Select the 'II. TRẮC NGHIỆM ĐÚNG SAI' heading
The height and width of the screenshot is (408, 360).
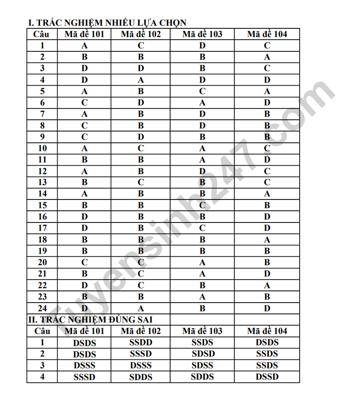coord(90,320)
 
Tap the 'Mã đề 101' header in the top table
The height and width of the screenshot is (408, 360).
coord(85,34)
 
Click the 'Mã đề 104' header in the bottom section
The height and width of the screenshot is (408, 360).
coord(267,331)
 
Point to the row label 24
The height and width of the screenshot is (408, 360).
coord(42,308)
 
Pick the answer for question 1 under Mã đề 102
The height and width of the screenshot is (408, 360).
coord(141,45)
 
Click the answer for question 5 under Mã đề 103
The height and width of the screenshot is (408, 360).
coord(202,91)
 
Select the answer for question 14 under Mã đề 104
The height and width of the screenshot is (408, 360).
coord(267,194)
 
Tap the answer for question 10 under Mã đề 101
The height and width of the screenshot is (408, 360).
coord(85,148)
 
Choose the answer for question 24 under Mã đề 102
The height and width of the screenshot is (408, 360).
coord(141,308)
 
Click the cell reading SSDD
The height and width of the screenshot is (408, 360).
coord(141,343)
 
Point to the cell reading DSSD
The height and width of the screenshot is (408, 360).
coord(267,377)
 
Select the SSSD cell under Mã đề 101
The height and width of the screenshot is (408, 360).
coord(85,377)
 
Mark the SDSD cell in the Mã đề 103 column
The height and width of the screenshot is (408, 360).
coord(203,354)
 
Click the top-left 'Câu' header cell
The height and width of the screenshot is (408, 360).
coord(42,34)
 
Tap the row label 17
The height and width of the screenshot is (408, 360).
coord(42,228)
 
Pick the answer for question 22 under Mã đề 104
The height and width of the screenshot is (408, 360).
coord(267,285)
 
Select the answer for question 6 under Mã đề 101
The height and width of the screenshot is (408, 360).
coord(85,103)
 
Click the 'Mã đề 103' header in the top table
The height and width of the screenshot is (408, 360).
coord(202,34)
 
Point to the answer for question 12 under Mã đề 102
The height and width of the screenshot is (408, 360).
coord(141,171)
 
